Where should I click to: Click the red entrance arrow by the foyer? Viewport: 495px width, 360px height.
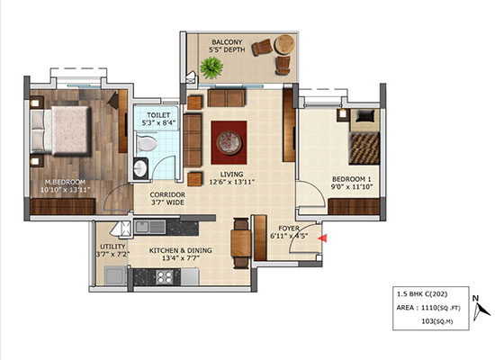322,238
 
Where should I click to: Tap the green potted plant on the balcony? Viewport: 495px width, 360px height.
211,67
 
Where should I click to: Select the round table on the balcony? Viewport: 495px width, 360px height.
284,44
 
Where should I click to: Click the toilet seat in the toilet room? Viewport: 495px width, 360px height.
146,144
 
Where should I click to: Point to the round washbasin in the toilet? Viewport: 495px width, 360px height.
140,168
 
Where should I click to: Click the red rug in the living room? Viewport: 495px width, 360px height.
229,142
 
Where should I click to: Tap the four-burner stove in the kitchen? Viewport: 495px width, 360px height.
165,277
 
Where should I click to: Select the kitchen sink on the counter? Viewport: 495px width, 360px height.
150,227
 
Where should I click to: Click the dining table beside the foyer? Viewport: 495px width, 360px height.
241,244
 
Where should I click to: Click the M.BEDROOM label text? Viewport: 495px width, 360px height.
65,182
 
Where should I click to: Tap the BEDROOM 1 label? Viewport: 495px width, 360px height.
351,179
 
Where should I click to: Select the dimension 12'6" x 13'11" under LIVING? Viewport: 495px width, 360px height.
231,182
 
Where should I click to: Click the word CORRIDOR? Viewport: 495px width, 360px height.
167,194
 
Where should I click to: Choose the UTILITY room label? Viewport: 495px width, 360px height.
112,247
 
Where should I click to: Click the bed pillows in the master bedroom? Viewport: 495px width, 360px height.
37,131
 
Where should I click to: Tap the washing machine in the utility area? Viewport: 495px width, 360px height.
115,275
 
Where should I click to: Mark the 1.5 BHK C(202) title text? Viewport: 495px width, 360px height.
422,294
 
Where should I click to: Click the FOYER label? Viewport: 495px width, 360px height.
289,228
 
